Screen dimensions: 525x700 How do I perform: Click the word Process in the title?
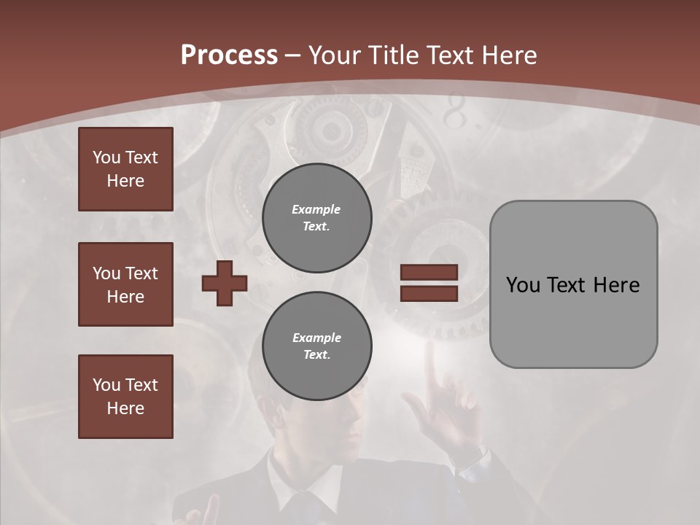pyautogui.click(x=229, y=55)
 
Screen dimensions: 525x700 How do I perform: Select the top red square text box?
pyautogui.click(x=125, y=169)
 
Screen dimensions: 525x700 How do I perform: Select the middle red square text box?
pyautogui.click(x=125, y=284)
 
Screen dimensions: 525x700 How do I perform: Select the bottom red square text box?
pyautogui.click(x=125, y=396)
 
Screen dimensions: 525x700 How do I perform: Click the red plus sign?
pyautogui.click(x=225, y=283)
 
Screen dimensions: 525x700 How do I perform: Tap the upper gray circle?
pyautogui.click(x=316, y=217)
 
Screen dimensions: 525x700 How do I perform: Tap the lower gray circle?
pyautogui.click(x=316, y=346)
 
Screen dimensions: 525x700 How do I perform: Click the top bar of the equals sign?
pyautogui.click(x=429, y=272)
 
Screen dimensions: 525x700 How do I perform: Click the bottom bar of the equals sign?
pyautogui.click(x=429, y=293)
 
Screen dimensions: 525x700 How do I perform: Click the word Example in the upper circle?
pyautogui.click(x=316, y=209)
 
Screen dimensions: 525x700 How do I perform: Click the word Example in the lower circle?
pyautogui.click(x=316, y=338)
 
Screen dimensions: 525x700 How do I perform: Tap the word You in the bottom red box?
pyautogui.click(x=106, y=384)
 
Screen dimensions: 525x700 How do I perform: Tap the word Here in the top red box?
pyautogui.click(x=125, y=181)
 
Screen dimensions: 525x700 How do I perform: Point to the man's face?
pyautogui.click(x=343, y=419)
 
